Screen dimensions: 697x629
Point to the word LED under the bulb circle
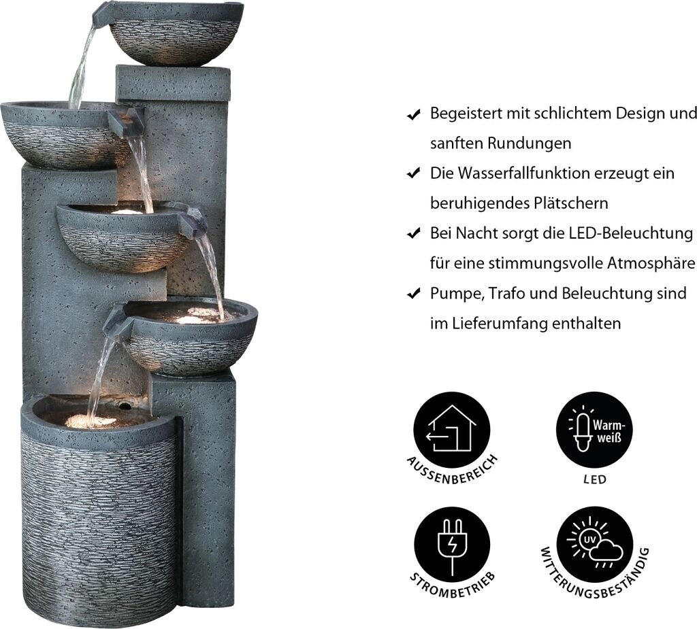coord(595,480)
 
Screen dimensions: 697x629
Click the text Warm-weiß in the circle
coord(609,431)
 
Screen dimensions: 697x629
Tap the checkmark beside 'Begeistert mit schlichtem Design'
coord(414,115)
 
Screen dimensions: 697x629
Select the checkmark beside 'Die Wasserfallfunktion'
coord(414,173)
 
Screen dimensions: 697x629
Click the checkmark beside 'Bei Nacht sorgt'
coord(414,233)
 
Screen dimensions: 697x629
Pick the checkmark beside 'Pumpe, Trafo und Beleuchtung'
coord(414,293)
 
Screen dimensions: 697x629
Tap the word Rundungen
coord(529,143)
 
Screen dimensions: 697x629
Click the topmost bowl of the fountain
coord(177,34)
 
